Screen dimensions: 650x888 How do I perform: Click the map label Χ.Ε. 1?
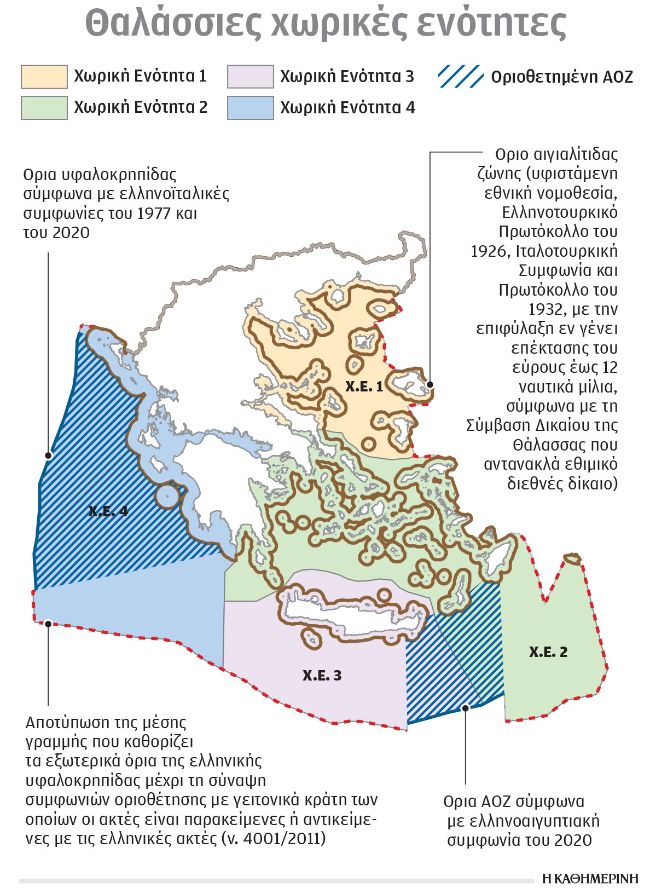click(364, 387)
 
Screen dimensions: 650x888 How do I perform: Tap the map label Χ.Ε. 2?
click(548, 651)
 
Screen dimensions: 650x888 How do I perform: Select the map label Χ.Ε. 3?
click(322, 675)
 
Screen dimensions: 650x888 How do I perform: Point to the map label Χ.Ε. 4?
click(108, 511)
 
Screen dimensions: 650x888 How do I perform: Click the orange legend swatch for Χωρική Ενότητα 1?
click(44, 77)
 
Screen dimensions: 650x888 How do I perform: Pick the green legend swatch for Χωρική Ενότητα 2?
click(44, 108)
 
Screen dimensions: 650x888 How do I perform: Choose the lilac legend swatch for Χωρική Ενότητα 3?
click(251, 77)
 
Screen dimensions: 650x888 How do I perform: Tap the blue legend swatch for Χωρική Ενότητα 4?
click(251, 108)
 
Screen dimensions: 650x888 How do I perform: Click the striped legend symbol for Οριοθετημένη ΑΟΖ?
click(461, 77)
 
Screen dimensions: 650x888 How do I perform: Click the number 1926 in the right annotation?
click(490, 251)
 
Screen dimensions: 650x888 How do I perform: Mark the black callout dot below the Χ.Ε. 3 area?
click(466, 708)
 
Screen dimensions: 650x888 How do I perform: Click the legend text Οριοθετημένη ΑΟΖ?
click(562, 77)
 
